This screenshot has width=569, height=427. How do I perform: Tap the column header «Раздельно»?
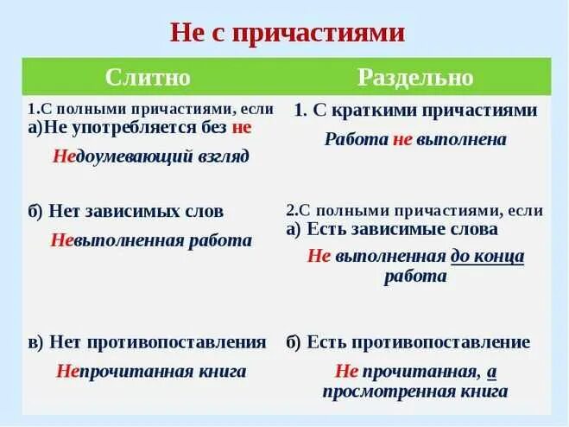[415, 77]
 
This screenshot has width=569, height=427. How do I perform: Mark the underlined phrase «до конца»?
[487, 256]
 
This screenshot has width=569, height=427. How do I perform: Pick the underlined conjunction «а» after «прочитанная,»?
[491, 372]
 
